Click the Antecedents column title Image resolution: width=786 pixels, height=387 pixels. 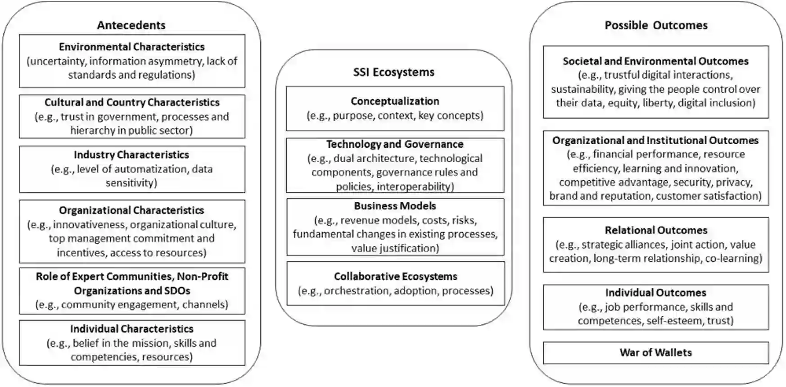[x=131, y=25]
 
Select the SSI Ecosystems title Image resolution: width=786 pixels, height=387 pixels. [x=394, y=72]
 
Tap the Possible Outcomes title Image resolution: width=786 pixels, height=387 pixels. [x=656, y=25]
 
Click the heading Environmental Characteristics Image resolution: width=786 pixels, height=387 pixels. [x=131, y=47]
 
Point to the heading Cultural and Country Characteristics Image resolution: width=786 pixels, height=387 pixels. [x=132, y=102]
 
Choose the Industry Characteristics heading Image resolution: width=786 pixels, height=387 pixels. [x=131, y=155]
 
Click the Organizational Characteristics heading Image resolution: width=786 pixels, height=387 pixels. [x=131, y=210]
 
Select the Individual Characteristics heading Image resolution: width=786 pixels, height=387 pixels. [x=131, y=329]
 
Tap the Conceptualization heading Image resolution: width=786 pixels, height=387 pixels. [x=395, y=101]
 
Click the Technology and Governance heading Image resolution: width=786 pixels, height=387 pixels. [x=395, y=144]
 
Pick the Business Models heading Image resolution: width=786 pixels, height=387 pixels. [x=395, y=206]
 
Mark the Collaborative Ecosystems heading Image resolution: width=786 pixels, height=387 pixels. [x=395, y=276]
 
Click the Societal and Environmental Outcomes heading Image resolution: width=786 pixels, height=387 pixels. [x=655, y=61]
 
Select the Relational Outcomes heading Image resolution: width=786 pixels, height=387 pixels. [x=656, y=230]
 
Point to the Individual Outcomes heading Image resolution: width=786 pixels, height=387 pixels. [x=655, y=293]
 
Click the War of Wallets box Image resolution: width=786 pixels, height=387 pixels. [x=655, y=353]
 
